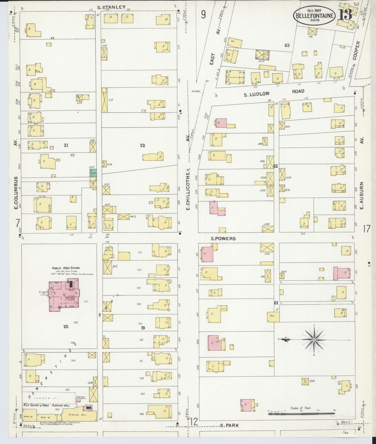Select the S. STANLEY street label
(111, 7)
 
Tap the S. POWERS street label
(223, 238)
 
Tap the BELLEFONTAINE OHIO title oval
(314, 16)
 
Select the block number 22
(142, 145)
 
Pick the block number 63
(287, 45)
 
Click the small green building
(93, 173)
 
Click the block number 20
(66, 326)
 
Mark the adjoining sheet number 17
(366, 229)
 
